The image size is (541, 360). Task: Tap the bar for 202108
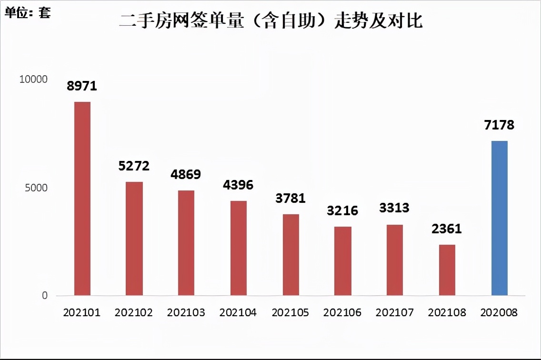click(x=447, y=270)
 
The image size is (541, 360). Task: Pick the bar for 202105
click(x=291, y=255)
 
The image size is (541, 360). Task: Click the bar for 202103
click(x=186, y=243)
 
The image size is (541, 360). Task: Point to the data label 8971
click(x=82, y=86)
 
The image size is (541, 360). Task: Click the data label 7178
click(x=499, y=125)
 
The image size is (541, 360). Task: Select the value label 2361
click(x=447, y=229)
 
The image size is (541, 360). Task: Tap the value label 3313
click(x=394, y=208)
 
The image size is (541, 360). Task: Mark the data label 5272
click(x=134, y=166)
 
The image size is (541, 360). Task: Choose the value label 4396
click(x=238, y=184)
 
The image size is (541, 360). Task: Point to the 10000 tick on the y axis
click(x=33, y=80)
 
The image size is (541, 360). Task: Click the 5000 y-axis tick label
click(x=36, y=188)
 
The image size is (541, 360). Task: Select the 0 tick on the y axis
click(x=45, y=296)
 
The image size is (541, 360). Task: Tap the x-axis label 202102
click(x=134, y=313)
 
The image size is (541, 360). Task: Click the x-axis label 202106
click(x=342, y=313)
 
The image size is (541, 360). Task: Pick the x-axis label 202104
click(x=238, y=313)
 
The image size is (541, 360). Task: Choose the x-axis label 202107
click(x=394, y=313)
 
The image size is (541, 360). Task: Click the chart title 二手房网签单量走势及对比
click(x=270, y=21)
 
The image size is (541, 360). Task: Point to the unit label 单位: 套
click(x=28, y=12)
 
